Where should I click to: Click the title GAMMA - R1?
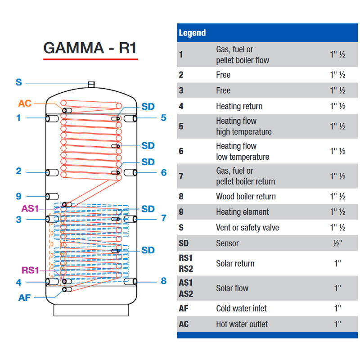[x=90, y=48]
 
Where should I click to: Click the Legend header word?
[x=192, y=33]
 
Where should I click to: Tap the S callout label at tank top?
[x=18, y=82]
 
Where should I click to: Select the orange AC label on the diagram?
[x=25, y=103]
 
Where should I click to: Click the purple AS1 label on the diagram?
[x=31, y=209]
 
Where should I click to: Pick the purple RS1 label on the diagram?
[x=31, y=270]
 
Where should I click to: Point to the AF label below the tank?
[x=25, y=297]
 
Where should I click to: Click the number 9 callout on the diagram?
[x=18, y=196]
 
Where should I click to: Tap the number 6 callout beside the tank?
[x=164, y=172]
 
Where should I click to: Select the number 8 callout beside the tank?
[x=164, y=281]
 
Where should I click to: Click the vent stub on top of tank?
[x=91, y=85]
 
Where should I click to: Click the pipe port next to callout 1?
[x=51, y=118]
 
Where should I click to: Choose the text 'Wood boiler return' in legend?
[x=246, y=197]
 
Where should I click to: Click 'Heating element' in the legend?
[x=243, y=212]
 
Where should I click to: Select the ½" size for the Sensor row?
[x=337, y=243]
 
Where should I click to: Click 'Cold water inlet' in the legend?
[x=241, y=309]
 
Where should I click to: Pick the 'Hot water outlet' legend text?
[x=242, y=324]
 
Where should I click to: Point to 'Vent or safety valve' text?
[x=247, y=228]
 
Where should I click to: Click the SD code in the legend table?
[x=184, y=243]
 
